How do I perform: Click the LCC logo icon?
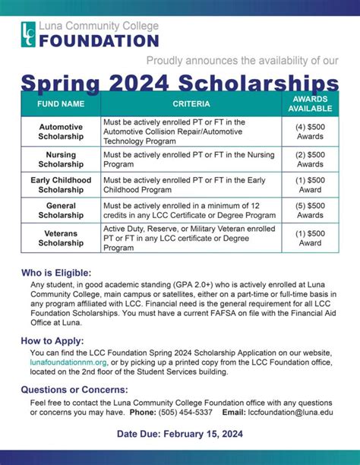(29, 34)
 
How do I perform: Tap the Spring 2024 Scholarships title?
(180, 82)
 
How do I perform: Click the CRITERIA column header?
(190, 103)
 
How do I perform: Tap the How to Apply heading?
(53, 341)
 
